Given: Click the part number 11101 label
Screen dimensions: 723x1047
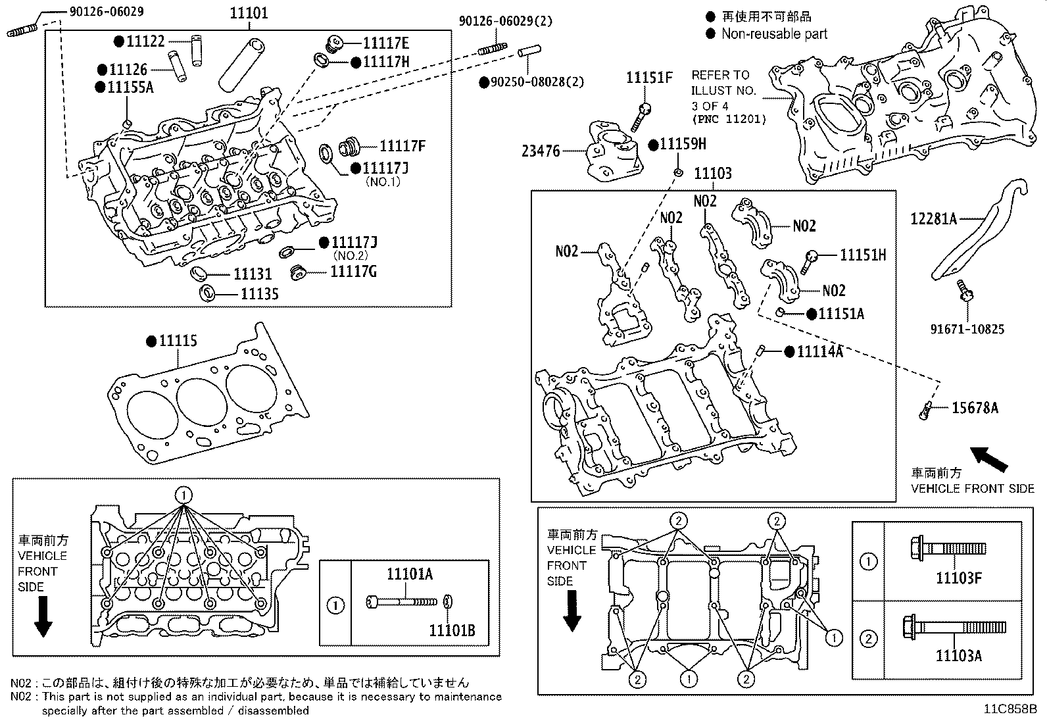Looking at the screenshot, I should point(249,13).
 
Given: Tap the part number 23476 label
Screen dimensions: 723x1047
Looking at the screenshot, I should point(541,151).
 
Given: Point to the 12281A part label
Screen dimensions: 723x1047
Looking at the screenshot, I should point(933,218).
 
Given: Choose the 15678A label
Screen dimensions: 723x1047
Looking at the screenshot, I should point(975,409).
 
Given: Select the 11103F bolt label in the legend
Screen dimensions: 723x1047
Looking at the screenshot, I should point(958,578).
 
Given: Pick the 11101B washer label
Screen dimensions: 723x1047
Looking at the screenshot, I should point(452,632).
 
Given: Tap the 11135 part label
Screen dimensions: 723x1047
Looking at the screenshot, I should point(259,294).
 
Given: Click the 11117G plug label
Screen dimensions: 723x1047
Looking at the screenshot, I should point(353,271).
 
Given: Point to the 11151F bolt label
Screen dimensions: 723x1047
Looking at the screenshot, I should point(648,78).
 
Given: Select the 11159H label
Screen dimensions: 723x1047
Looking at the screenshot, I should point(683,144).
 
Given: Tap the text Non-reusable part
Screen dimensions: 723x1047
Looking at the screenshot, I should point(773,34).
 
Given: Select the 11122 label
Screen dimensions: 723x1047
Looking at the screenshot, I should point(145,41).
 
